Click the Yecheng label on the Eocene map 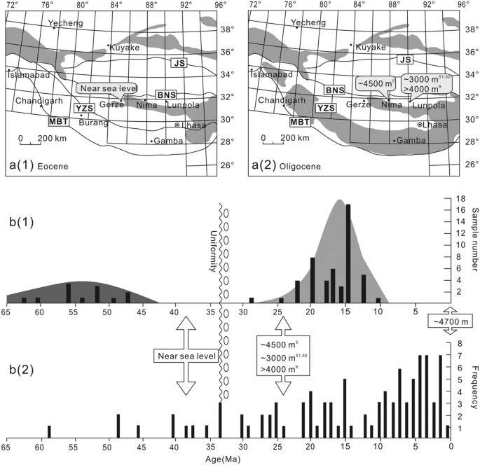[69, 24]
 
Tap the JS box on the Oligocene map [405, 60]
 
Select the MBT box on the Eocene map [58, 121]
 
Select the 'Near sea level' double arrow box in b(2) [186, 356]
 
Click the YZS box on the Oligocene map [324, 108]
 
